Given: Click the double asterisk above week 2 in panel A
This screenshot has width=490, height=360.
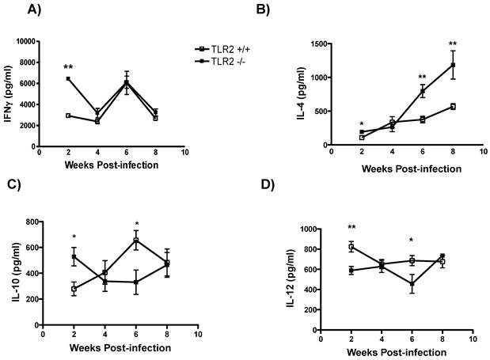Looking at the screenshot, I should [69, 68].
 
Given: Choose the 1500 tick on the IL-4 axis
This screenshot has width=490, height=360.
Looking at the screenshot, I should [326, 44].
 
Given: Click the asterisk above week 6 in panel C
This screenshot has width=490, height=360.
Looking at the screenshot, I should [137, 225].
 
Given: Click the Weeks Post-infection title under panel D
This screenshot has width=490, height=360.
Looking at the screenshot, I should [395, 351].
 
